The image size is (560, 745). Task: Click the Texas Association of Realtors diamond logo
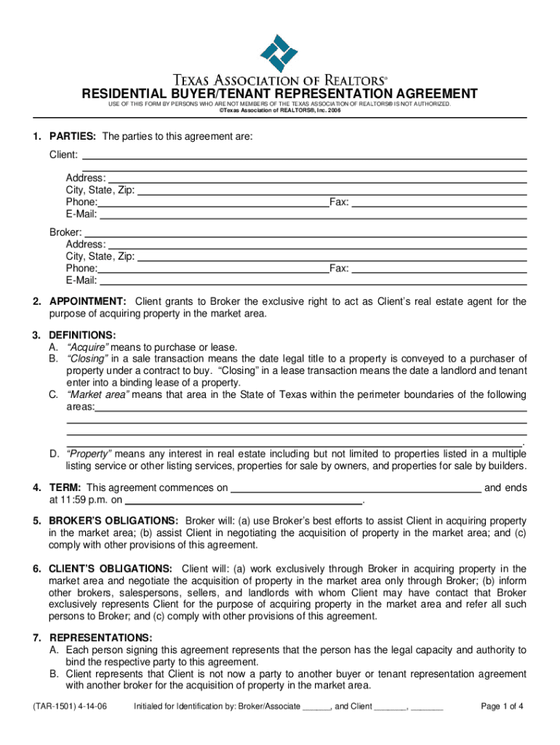[x=279, y=53]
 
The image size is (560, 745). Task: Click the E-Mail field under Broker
[x=313, y=281]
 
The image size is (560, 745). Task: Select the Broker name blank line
[x=305, y=233]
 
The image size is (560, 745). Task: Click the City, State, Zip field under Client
[x=332, y=191]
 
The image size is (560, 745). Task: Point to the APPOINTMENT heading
[x=88, y=302]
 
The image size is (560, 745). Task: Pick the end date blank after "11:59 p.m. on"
[x=243, y=501]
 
